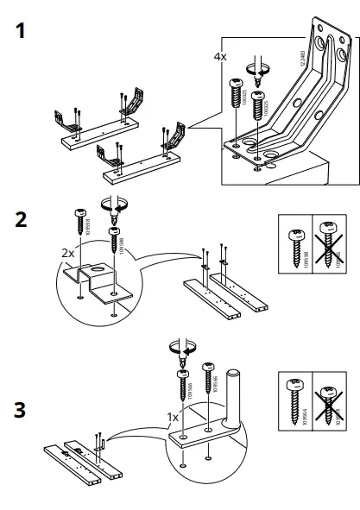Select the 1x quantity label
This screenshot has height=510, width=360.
173,416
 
